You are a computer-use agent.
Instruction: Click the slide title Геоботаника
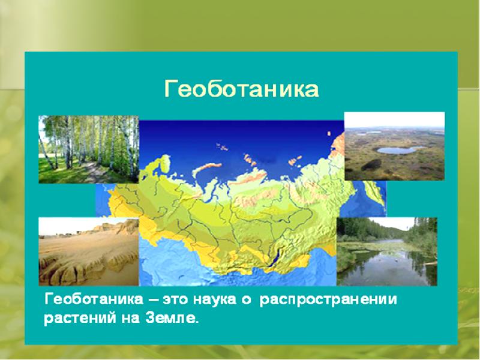pos(241,90)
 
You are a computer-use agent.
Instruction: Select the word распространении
pos(328,299)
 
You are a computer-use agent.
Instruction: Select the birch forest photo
pos(88,149)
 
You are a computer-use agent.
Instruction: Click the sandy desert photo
pos(88,251)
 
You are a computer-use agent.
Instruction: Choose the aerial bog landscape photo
pos(394,146)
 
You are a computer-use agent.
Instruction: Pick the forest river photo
pos(386,251)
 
